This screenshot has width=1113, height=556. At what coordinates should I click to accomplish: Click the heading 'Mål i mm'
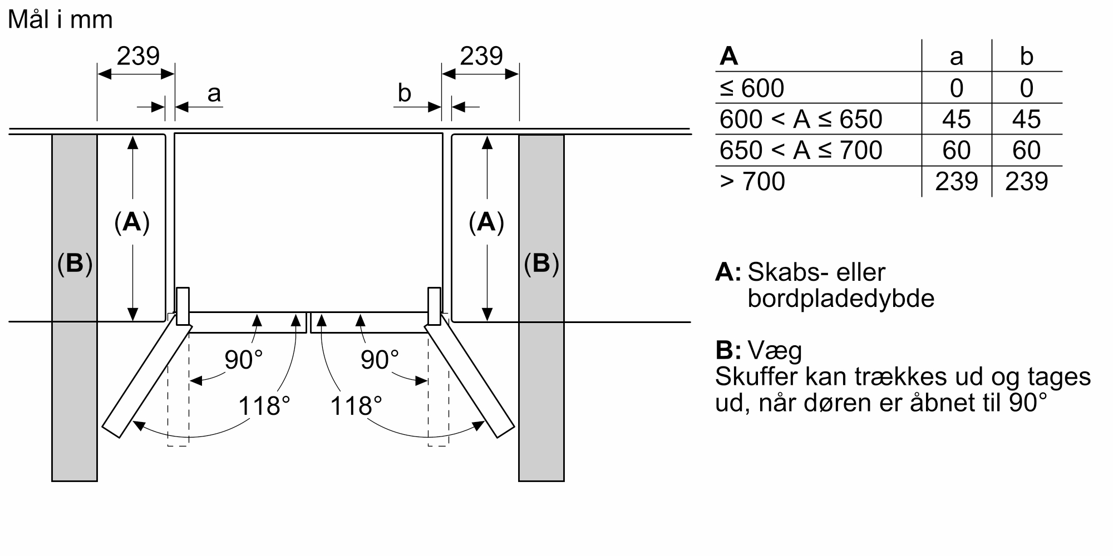tap(60, 20)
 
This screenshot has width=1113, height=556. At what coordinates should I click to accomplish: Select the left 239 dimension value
tap(138, 56)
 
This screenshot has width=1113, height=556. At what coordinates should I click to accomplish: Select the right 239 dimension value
tap(481, 56)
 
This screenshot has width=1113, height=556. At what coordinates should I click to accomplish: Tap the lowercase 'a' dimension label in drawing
tap(214, 93)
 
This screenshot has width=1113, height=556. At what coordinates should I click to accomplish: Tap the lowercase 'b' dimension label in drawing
tap(405, 93)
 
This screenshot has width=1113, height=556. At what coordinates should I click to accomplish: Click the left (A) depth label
tap(132, 222)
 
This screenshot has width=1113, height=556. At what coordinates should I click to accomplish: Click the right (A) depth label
tap(486, 222)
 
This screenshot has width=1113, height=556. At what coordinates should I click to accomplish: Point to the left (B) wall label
tap(75, 263)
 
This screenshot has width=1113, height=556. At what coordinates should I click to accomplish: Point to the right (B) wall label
tap(541, 263)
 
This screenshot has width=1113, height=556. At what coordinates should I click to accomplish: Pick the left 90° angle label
tap(243, 360)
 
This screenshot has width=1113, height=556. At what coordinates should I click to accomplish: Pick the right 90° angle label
tap(380, 360)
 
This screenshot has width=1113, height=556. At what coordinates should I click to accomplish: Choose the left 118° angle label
tap(264, 406)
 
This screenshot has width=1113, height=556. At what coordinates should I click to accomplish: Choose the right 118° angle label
tap(356, 406)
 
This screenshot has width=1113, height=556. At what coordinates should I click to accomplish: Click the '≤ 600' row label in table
tap(752, 88)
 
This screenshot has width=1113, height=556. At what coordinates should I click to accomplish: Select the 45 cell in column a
tap(956, 119)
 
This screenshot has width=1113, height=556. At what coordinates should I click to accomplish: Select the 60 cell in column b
tap(1026, 150)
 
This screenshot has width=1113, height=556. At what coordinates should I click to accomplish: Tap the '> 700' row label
tap(752, 181)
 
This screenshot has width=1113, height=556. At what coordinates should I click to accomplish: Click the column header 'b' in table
tap(1026, 56)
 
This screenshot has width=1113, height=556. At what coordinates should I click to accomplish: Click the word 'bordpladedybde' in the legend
tap(840, 299)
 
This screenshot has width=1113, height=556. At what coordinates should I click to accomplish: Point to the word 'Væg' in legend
tap(775, 350)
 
